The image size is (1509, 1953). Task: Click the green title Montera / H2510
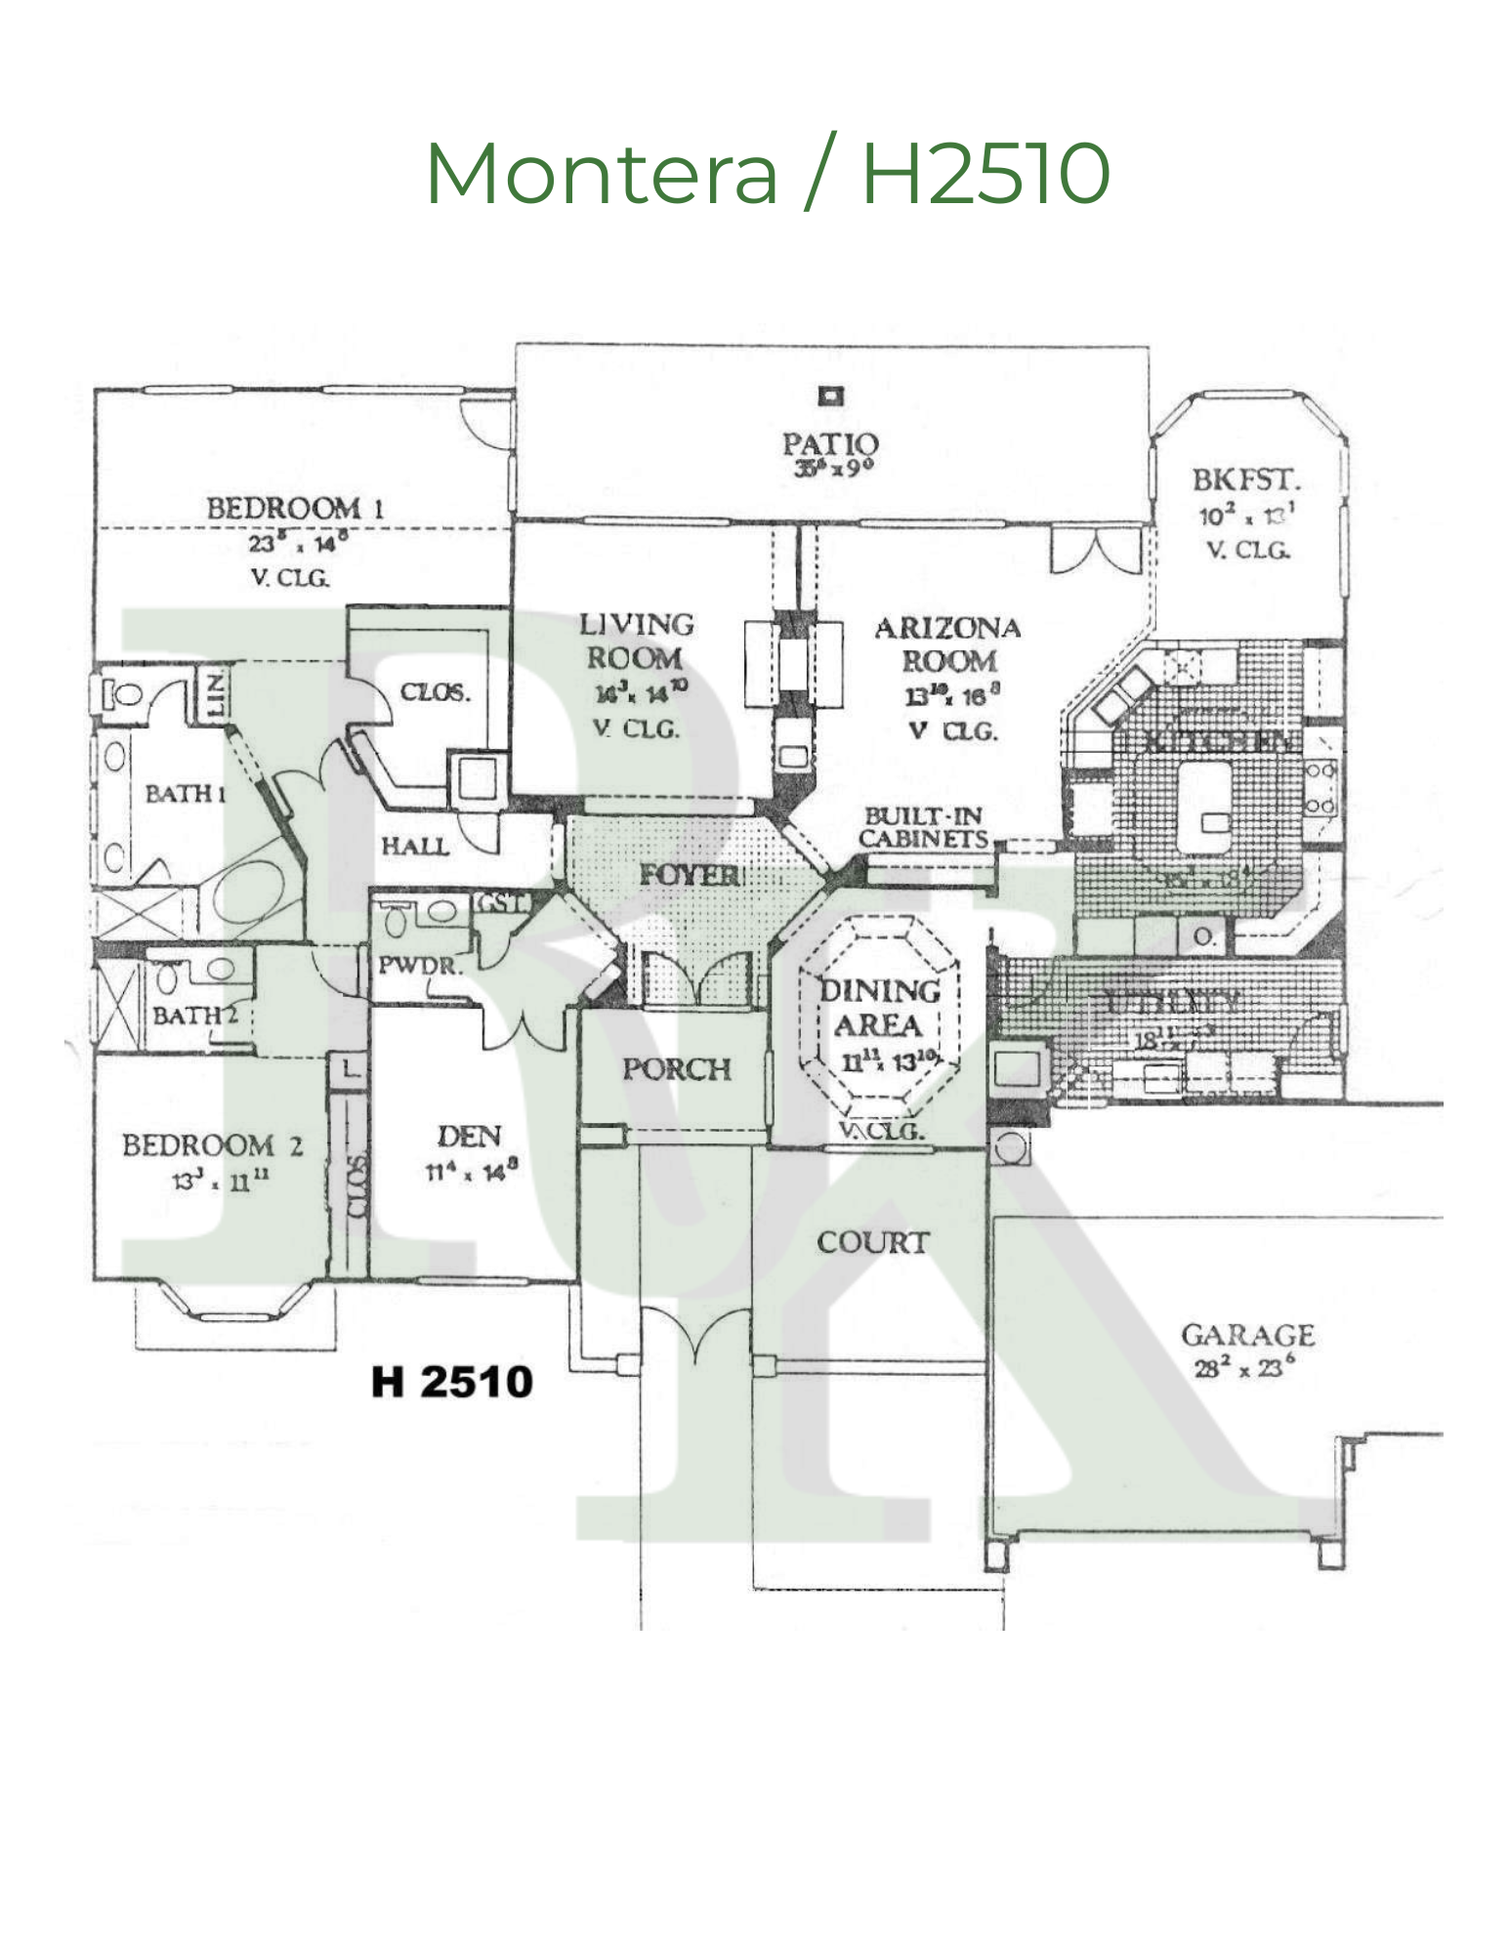click(x=768, y=173)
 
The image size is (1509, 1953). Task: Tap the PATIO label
click(x=830, y=444)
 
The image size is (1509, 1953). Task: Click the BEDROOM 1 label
click(x=295, y=508)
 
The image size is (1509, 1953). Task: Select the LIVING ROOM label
click(x=636, y=642)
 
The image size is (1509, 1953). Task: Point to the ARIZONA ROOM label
click(x=947, y=644)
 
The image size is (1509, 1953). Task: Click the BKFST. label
click(x=1246, y=480)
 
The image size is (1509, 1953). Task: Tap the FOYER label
click(x=691, y=875)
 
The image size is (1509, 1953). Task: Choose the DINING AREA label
click(x=879, y=1008)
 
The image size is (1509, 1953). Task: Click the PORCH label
click(x=677, y=1069)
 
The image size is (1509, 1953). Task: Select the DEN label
click(x=470, y=1137)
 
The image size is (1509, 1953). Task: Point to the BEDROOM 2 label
click(x=212, y=1145)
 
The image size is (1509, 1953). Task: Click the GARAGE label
click(x=1247, y=1335)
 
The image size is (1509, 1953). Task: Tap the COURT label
click(x=872, y=1242)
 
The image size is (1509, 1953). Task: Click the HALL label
click(x=415, y=846)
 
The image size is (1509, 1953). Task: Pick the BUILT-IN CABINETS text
click(x=923, y=828)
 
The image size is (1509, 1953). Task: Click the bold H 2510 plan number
click(x=452, y=1382)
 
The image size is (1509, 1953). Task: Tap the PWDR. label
click(x=420, y=966)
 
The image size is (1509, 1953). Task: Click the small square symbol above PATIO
click(x=831, y=395)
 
